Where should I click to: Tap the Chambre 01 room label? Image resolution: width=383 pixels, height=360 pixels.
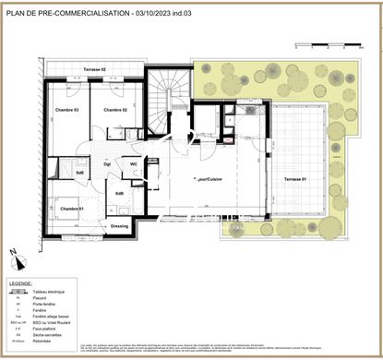[72, 208]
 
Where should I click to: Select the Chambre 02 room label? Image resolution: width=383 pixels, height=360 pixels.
[114, 110]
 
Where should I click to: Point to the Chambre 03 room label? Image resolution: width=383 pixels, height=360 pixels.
[65, 110]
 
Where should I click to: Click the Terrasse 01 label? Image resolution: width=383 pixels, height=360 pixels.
[296, 177]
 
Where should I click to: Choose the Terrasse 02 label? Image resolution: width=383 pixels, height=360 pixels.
[95, 70]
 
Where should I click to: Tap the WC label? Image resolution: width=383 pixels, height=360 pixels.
[134, 164]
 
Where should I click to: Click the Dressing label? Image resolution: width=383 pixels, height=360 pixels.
[119, 225]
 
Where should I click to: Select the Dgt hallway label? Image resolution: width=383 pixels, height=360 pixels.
[107, 164]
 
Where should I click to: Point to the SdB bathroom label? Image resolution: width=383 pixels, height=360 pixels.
[120, 192]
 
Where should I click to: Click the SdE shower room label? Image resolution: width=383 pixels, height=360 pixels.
[80, 172]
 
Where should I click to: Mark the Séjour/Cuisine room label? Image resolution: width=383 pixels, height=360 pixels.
[208, 177]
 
